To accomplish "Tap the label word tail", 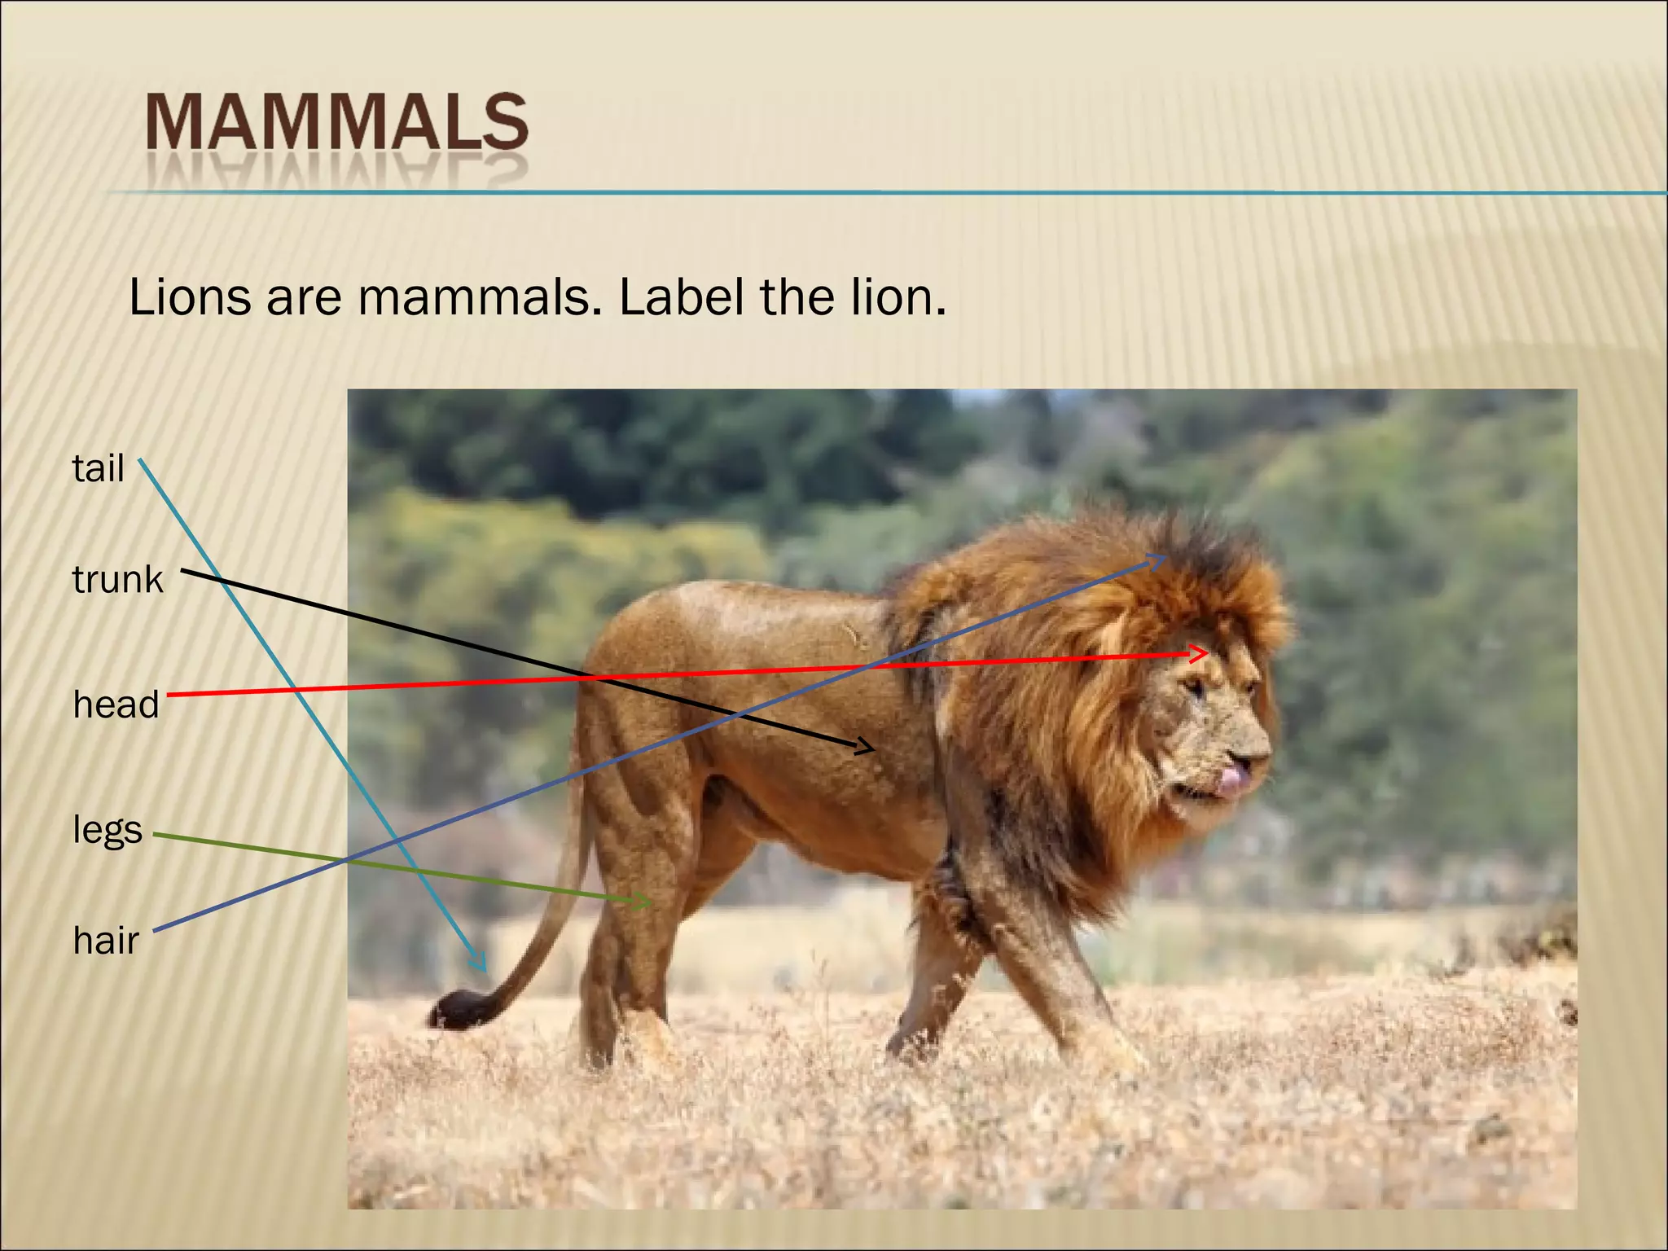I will (98, 468).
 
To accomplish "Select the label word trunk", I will (117, 579).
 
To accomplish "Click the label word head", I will (116, 705).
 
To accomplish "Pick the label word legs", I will (108, 830).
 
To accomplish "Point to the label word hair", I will (106, 941).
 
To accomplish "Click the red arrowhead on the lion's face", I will (1202, 653).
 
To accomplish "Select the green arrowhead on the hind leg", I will (645, 901).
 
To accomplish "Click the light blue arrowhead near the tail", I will (481, 963).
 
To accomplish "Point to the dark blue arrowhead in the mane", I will (1161, 559).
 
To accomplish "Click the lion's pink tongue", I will (1234, 779).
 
